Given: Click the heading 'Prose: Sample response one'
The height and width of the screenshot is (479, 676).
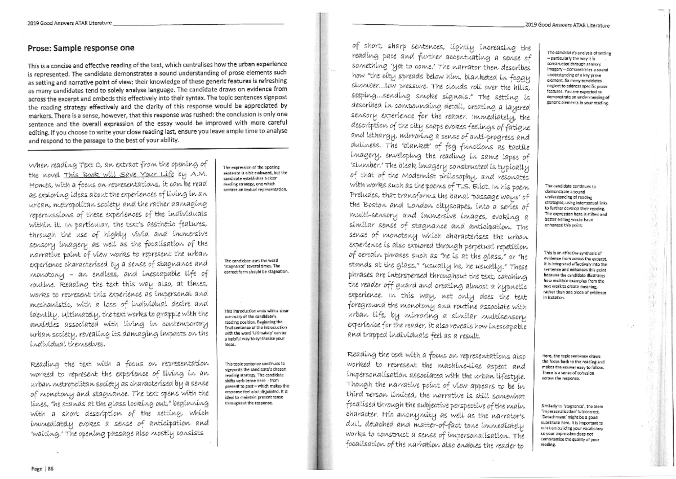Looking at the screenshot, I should coord(81,48).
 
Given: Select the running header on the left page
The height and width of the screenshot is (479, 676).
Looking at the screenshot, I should coord(70,23).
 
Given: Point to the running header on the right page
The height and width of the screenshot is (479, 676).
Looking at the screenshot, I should coord(566,25).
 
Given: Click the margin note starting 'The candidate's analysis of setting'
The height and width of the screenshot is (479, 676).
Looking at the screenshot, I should coord(574,76).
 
